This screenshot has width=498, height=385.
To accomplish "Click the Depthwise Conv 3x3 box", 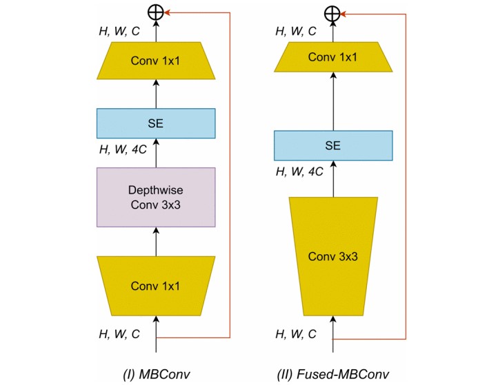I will (156, 197).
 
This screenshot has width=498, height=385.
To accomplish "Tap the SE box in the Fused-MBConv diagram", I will (333, 145).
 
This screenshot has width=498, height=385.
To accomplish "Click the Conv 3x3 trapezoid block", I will (333, 256).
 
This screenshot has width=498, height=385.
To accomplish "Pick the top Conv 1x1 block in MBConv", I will (156, 59).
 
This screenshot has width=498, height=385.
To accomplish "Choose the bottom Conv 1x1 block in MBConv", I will (156, 285).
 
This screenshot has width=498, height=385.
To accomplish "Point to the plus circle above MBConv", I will (156, 12).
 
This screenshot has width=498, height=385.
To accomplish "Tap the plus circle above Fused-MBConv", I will (333, 12).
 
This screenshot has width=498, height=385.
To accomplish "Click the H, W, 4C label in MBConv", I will (122, 149).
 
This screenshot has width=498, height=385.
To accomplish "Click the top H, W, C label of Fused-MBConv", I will (297, 31).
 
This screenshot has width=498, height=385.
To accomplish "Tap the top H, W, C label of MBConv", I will (120, 31).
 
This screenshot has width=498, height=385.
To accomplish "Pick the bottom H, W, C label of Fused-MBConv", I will (297, 333).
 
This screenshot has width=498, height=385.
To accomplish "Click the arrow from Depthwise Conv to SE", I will (156, 153).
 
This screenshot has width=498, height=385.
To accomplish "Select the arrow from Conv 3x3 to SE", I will (333, 179).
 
